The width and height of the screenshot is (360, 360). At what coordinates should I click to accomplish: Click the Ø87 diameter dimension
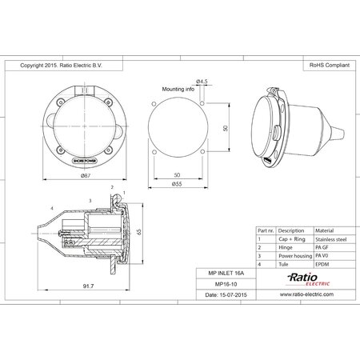86,175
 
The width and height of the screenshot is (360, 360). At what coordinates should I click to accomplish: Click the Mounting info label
178,90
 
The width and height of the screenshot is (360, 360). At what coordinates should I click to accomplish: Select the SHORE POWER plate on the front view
86,160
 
